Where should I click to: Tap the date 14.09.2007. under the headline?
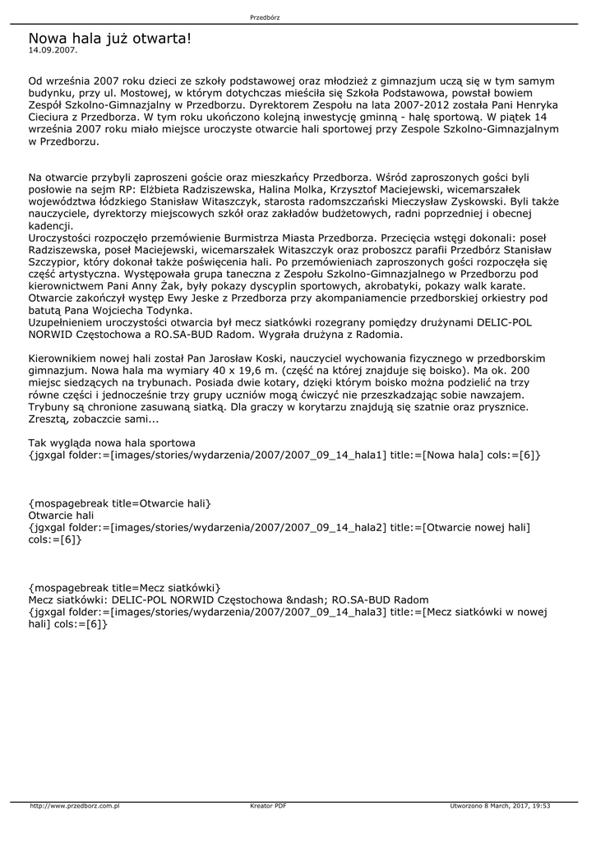tap(53, 50)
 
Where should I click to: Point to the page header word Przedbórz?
tap(265, 17)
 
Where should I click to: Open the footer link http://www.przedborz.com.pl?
tap(75, 806)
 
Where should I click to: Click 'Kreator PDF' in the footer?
tap(268, 806)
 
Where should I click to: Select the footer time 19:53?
tap(540, 806)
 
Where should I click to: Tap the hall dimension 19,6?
tap(244, 372)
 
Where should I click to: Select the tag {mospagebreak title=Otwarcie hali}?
tap(119, 503)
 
